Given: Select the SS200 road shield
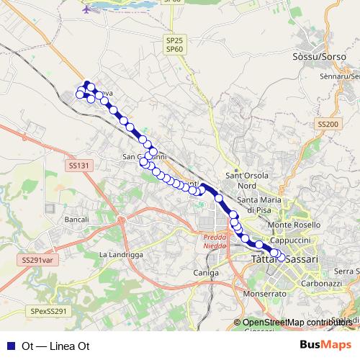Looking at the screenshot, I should pyautogui.click(x=327, y=125).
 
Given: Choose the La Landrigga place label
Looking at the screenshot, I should pyautogui.click(x=122, y=255).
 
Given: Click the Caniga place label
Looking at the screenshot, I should pyautogui.click(x=206, y=273).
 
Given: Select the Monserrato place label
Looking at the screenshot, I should pyautogui.click(x=265, y=294).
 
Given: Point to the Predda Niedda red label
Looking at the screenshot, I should pyautogui.click(x=215, y=240).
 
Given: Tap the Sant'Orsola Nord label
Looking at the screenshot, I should pyautogui.click(x=246, y=179).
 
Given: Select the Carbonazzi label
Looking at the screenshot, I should pyautogui.click(x=321, y=284).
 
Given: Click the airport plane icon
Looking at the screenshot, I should pyautogui.click(x=88, y=10).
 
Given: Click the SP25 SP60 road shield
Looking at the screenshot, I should pyautogui.click(x=174, y=45).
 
